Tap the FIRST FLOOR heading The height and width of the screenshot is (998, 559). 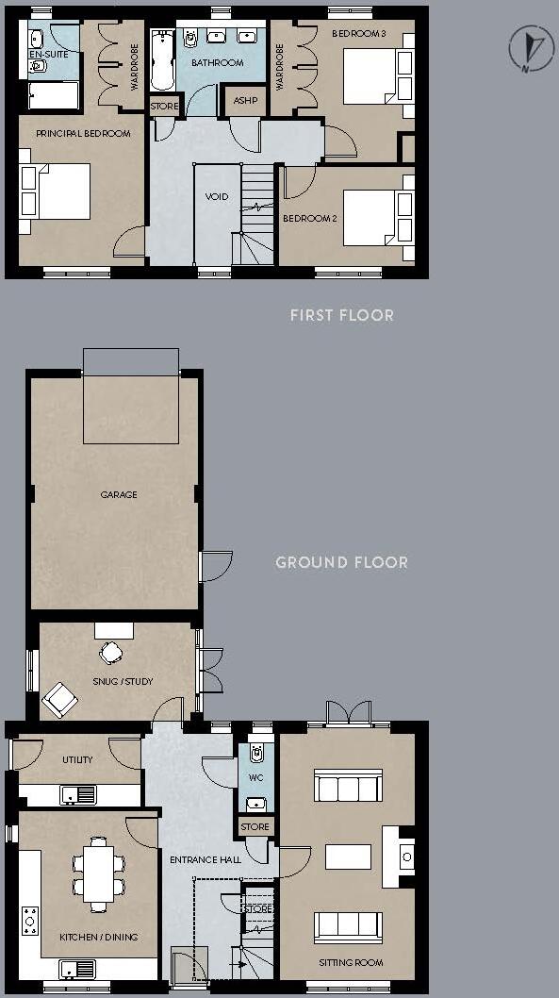341,315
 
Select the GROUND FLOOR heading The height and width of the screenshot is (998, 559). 341,562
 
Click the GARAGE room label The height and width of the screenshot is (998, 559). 119,494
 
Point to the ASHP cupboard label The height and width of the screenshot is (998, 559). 245,101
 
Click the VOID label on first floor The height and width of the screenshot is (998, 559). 217,197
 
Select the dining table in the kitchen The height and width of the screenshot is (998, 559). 99,873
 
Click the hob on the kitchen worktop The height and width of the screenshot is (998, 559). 30,921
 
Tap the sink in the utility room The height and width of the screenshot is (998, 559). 78,794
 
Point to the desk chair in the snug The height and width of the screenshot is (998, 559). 112,652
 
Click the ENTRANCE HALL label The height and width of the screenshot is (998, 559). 205,859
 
